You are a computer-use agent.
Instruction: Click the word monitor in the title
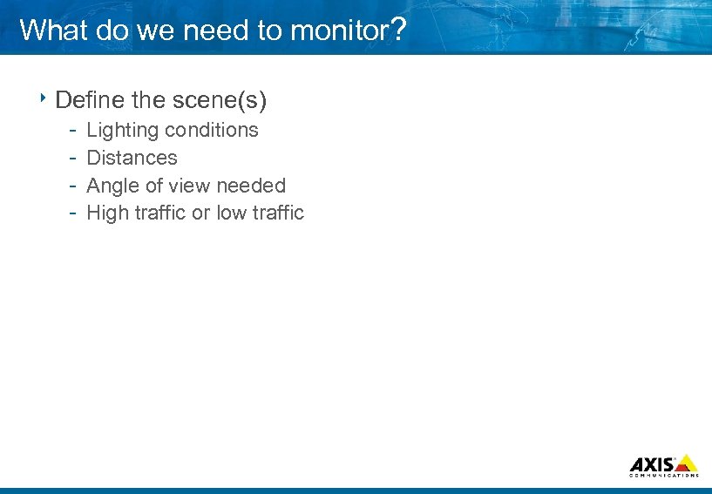(x=338, y=30)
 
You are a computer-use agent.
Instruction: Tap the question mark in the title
(x=397, y=30)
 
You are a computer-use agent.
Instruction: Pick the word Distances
(x=132, y=158)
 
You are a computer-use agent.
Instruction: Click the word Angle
(x=111, y=186)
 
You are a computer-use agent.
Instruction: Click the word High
(x=107, y=213)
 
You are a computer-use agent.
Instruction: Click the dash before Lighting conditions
(x=74, y=131)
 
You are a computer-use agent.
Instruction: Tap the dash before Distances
(x=74, y=159)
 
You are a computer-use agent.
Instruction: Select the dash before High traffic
(x=74, y=213)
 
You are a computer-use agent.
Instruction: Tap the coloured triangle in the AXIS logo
(x=686, y=463)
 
